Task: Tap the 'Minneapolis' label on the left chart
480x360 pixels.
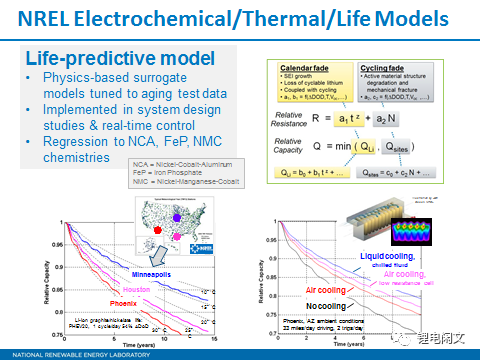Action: point(154,270)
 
